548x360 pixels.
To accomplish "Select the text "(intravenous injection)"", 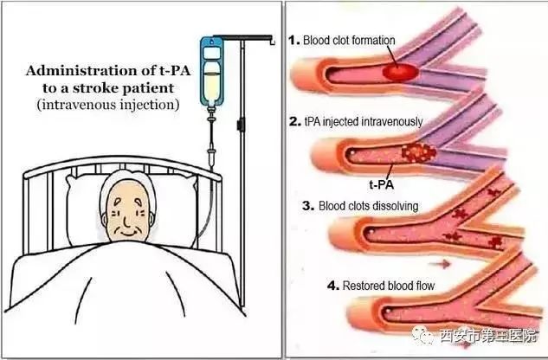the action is coord(108,105).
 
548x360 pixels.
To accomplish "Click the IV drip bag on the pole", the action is coord(211,72).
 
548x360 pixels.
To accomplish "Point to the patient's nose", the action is coord(126,219).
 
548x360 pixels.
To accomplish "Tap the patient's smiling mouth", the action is coord(126,233).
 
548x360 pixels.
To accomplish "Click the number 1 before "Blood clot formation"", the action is coord(294,40).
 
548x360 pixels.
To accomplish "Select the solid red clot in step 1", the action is coord(401,73).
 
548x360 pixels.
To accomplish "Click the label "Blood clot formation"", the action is coord(349,40).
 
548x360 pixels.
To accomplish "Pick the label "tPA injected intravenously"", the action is coord(364,122).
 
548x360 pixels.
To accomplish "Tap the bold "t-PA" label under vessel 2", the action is coord(381,184).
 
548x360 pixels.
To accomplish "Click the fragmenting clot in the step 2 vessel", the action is coord(419,152).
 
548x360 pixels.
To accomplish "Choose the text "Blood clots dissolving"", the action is coord(368,205).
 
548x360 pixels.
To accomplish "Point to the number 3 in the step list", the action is coord(308,205).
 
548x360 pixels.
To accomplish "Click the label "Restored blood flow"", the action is coord(389,286).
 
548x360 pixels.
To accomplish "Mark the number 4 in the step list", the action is coord(333,286).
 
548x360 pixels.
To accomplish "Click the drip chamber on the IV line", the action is coord(211,157).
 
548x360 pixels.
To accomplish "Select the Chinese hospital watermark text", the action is coord(488,336).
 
